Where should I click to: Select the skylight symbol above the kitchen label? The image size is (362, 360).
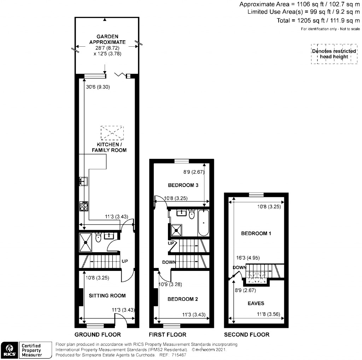[112, 133]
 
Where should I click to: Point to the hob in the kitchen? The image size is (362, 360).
[84, 206]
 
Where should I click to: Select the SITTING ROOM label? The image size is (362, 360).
[107, 296]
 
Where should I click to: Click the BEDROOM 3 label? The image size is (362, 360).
[183, 185]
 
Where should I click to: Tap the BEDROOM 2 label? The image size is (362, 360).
[182, 299]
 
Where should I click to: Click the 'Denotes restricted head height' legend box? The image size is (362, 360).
[334, 54]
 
